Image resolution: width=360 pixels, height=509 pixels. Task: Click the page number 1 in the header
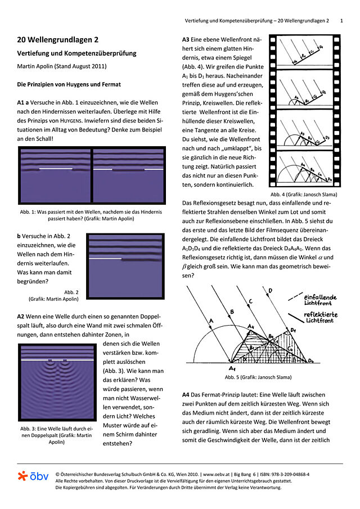pyautogui.click(x=341, y=20)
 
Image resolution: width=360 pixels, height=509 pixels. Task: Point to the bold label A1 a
pyautogui.click(x=26, y=103)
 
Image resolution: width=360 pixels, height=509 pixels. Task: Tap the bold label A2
pyautogui.click(x=23, y=317)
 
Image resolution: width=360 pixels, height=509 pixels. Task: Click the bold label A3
pyautogui.click(x=188, y=40)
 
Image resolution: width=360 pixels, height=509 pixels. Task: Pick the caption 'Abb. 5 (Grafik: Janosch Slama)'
pyautogui.click(x=258, y=377)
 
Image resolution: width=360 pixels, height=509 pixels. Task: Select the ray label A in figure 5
pyautogui.click(x=211, y=321)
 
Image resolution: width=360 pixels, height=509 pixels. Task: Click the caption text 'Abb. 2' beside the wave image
pyautogui.click(x=71, y=292)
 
